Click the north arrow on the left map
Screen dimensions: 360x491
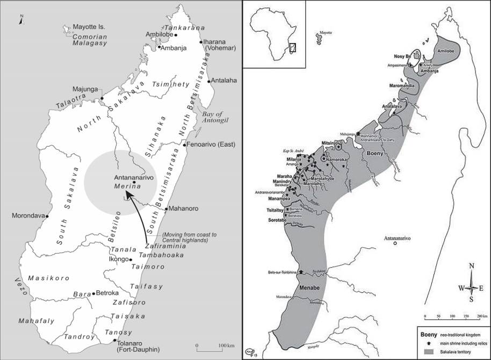21,20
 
